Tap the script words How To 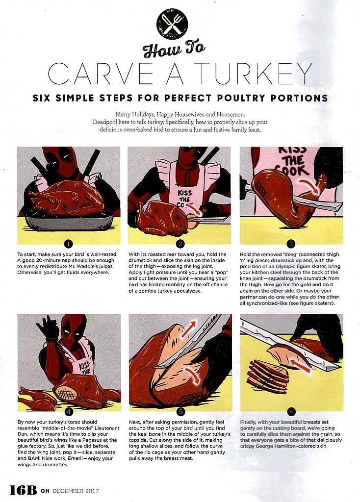click(174, 50)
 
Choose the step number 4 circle click(69, 411)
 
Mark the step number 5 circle click(180, 411)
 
